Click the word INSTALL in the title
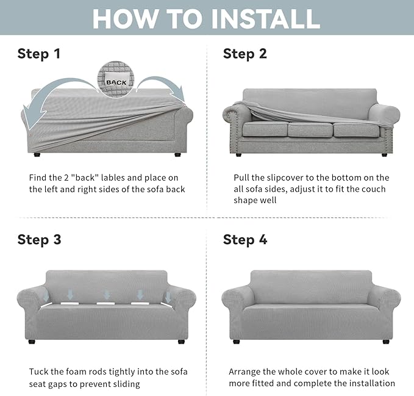[266, 19]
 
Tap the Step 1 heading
[39, 54]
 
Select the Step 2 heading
[244, 54]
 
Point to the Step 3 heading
[39, 240]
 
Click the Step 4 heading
[245, 240]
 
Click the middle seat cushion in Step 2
[310, 130]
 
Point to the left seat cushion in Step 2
[265, 129]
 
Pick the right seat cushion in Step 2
[357, 130]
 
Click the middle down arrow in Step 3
[107, 295]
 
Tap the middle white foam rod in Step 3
[105, 303]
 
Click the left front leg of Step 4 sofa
[237, 342]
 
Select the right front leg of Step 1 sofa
[178, 154]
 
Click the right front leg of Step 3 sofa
[181, 342]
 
